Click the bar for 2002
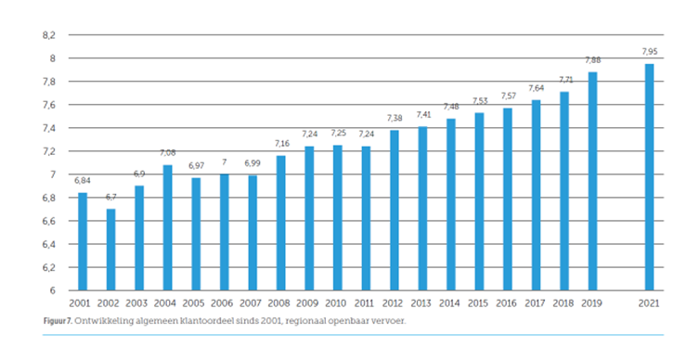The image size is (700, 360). [x=110, y=250]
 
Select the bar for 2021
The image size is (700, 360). [x=648, y=177]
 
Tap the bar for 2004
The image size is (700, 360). [x=168, y=227]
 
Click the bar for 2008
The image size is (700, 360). [x=281, y=223]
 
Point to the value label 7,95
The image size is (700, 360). [x=648, y=51]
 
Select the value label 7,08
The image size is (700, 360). [x=168, y=153]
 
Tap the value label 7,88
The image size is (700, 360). [x=592, y=59]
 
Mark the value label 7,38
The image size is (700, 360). [x=395, y=118]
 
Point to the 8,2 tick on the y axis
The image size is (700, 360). [x=49, y=35]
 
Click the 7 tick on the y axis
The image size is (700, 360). [x=53, y=174]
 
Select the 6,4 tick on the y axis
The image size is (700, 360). [x=49, y=244]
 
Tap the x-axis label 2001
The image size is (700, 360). [x=83, y=302]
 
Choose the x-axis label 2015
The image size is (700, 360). [x=479, y=302]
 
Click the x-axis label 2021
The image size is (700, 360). [x=648, y=302]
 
